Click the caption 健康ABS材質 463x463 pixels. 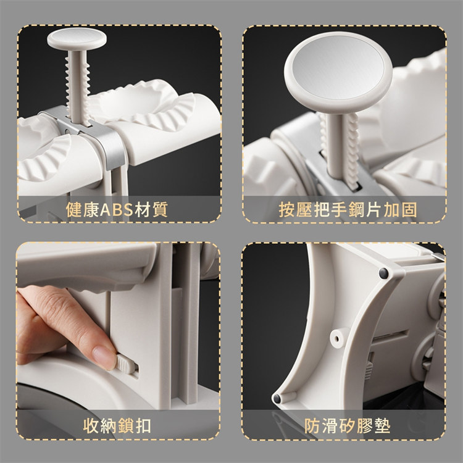[117, 209]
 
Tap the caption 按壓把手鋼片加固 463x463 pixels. [348, 210]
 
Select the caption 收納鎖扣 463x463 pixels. [117, 426]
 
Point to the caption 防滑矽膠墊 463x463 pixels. [347, 426]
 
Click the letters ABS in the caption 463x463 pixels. [117, 210]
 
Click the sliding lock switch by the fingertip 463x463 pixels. [127, 365]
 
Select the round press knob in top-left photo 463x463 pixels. [77, 39]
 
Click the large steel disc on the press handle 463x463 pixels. [338, 67]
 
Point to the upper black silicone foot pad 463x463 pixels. [383, 273]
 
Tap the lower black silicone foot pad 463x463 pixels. [277, 399]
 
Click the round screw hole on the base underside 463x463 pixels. [336, 338]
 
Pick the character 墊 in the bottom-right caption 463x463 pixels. [382, 426]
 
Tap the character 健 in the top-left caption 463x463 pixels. [73, 210]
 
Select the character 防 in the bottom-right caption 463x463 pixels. [312, 426]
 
